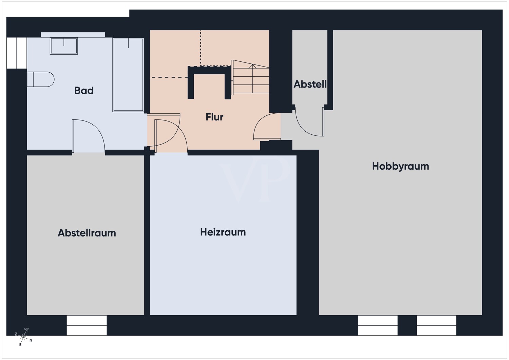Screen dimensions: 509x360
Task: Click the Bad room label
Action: click(84, 91)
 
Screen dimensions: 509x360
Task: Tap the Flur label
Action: click(214, 117)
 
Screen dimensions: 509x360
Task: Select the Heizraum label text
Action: click(223, 232)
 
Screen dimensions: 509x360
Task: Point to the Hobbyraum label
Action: click(400, 166)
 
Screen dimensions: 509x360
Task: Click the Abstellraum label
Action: click(87, 233)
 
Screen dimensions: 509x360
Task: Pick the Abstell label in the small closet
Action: click(310, 84)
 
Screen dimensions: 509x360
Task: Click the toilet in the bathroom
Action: click(40, 79)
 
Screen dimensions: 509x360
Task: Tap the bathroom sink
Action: click(64, 46)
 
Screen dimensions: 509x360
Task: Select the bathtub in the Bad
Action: click(128, 75)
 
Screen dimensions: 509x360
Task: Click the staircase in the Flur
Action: click(250, 77)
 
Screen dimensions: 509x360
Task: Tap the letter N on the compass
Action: click(31, 340)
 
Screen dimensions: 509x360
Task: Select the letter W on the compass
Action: click(26, 329)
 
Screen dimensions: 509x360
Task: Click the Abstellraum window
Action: click(87, 325)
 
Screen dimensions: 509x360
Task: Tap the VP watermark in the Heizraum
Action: click(254, 179)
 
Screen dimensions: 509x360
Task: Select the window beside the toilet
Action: click(17, 53)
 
